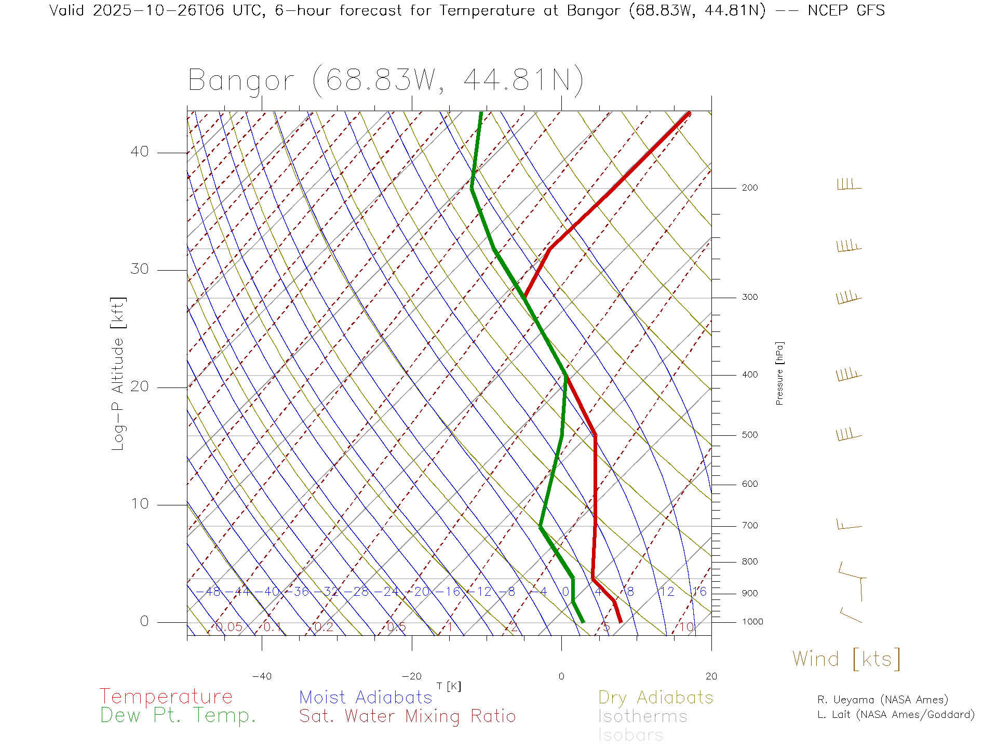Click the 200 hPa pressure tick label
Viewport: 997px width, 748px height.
coord(749,188)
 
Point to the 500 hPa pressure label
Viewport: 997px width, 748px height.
coord(749,435)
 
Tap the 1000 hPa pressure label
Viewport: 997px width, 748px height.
coord(752,622)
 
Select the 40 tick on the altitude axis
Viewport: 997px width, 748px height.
coord(139,152)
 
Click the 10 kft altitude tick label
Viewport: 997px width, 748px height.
coord(139,504)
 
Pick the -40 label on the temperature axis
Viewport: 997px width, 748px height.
coord(262,676)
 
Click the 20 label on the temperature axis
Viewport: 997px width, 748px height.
coord(711,676)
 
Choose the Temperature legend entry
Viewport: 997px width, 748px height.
coord(166,697)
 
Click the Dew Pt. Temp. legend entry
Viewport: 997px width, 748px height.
coord(178,716)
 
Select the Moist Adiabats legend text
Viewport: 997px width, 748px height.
coord(366,698)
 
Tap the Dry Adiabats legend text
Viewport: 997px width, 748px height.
coord(656,698)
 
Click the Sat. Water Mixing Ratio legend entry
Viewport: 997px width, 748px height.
coord(407,716)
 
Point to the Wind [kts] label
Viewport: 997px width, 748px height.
coord(846,659)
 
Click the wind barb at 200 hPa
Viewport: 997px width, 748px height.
coord(848,185)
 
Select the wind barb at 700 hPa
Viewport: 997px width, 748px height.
coord(848,525)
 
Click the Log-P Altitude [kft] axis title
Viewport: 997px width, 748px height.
coord(118,374)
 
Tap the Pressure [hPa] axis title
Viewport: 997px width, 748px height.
coord(779,373)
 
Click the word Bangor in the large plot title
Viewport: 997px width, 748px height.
coord(241,81)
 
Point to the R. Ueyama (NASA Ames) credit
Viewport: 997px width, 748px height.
coord(883,700)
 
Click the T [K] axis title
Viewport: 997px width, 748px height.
coord(449,687)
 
